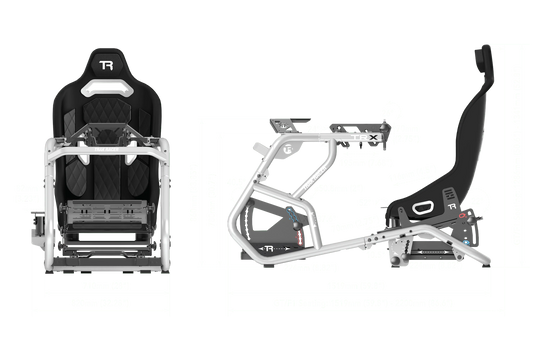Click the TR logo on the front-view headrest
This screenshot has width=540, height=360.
point(108,67)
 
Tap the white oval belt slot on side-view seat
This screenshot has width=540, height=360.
point(423,206)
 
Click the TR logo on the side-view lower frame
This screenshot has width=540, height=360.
point(267,247)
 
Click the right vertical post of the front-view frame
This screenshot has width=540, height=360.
point(169,200)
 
